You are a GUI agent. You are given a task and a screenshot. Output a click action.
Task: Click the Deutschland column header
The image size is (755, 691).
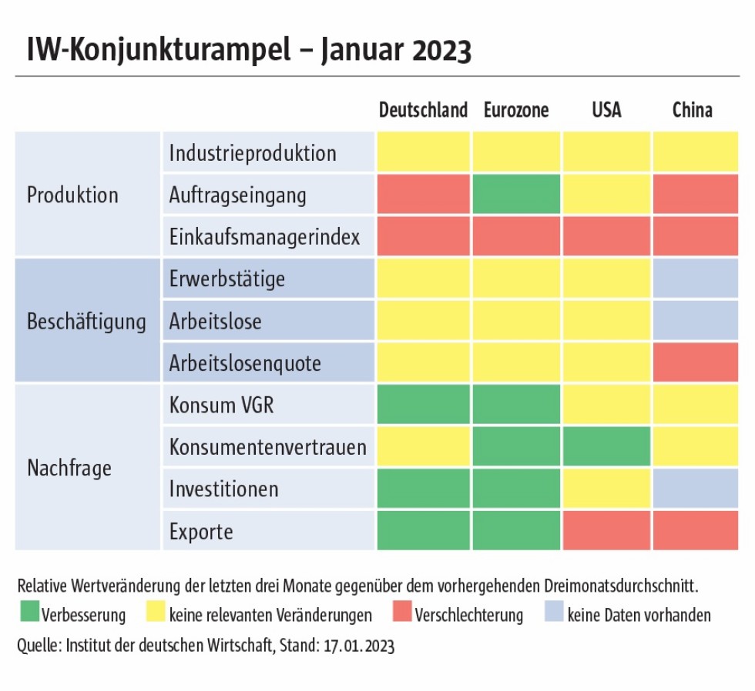[x=423, y=110]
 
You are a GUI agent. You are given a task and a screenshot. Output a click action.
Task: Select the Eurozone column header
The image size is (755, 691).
[x=516, y=110]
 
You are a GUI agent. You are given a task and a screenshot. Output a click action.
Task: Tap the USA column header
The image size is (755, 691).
[x=606, y=110]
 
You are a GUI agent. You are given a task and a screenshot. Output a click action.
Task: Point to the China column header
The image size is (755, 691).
[x=693, y=110]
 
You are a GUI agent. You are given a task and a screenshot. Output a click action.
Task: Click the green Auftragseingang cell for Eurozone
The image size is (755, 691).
[x=516, y=194]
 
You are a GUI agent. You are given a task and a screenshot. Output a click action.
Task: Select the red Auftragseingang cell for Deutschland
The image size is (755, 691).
[x=423, y=194]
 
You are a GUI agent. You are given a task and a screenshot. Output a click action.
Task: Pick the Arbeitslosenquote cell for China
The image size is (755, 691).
[x=695, y=362]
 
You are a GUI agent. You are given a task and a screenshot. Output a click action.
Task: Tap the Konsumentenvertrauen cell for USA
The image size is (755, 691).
[x=606, y=446]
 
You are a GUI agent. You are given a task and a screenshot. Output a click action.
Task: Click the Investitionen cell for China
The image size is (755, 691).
[x=695, y=489]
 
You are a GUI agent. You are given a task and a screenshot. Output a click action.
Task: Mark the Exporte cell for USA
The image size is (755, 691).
[x=606, y=531]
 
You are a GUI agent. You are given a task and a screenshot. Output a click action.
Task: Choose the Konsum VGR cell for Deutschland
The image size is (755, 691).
[x=423, y=405]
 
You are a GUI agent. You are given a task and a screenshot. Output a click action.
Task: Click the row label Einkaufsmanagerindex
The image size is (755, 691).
[x=264, y=236]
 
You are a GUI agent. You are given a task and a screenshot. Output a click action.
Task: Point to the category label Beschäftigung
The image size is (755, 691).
[x=86, y=321]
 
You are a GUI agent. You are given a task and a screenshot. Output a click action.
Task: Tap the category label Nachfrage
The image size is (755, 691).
[x=69, y=467]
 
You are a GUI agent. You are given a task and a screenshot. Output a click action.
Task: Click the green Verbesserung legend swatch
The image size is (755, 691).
[x=29, y=614]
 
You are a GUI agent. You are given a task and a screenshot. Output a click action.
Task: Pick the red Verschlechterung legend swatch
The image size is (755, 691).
[x=401, y=614]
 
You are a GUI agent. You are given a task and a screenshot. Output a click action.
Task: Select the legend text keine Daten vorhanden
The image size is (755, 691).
[x=639, y=615]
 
